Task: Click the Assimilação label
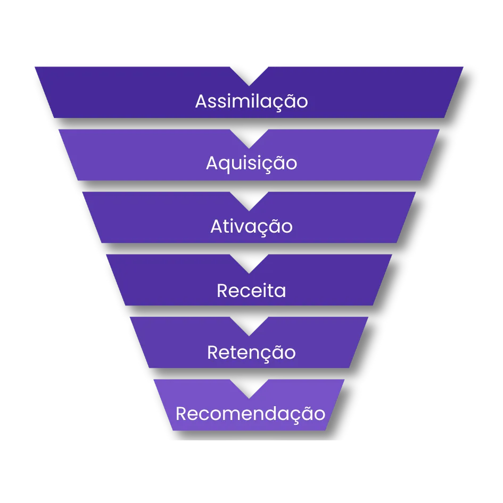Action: click(x=251, y=101)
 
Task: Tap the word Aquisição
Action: click(x=251, y=163)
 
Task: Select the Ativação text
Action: click(x=251, y=227)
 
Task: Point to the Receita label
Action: click(x=251, y=291)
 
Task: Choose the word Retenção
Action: click(x=251, y=353)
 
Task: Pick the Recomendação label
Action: click(x=250, y=414)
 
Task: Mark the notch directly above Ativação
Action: click(x=249, y=200)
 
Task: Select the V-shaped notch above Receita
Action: click(x=249, y=262)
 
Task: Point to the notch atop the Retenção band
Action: click(x=249, y=325)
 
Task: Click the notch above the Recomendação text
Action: click(x=249, y=387)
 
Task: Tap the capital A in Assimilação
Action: click(x=201, y=101)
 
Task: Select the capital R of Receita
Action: click(x=222, y=291)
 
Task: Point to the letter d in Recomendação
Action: click(x=272, y=413)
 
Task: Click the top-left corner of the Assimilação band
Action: click(x=36, y=68)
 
